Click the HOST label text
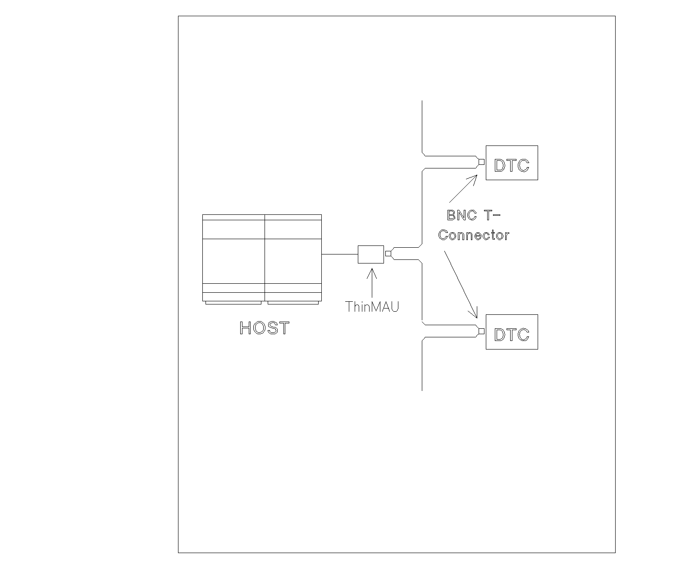[264, 328]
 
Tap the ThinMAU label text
[372, 307]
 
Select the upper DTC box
[512, 163]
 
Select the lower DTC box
[512, 332]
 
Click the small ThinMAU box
[371, 254]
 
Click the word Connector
[474, 235]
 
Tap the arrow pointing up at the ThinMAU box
[372, 281]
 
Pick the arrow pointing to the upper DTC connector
[463, 189]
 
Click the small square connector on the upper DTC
[481, 162]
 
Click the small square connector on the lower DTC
[481, 331]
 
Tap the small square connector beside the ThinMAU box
[388, 254]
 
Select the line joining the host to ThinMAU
[340, 254]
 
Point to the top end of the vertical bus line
[422, 102]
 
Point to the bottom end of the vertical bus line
[422, 389]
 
